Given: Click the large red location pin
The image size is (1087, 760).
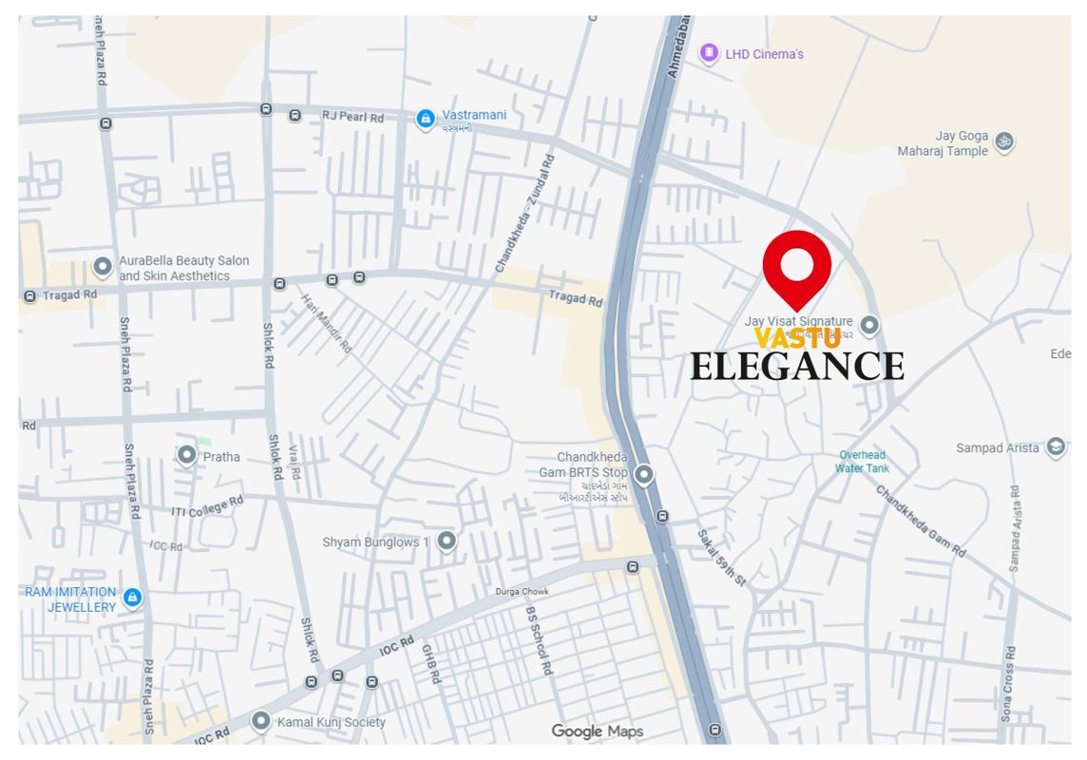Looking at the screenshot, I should point(797,266).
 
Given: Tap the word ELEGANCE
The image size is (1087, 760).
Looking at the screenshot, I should point(796,366).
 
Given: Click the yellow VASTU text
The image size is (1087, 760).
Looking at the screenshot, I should point(796,338).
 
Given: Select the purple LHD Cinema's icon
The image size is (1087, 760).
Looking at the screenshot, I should point(709,53).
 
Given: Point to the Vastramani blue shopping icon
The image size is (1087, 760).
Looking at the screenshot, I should point(426,119).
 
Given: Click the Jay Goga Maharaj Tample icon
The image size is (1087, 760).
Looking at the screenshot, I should point(1004,142).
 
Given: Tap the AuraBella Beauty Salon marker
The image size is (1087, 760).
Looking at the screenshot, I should point(103,268).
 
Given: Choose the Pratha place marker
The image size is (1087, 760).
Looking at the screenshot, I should point(187,456).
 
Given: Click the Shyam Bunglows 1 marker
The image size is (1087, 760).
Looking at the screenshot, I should point(446,541).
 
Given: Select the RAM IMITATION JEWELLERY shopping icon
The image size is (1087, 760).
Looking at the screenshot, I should point(133,598).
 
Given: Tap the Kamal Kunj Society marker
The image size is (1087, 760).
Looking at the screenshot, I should point(261,721).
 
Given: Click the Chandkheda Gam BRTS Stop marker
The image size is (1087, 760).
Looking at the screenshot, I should point(644,474).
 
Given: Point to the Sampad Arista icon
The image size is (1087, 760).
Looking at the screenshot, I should point(1055,447).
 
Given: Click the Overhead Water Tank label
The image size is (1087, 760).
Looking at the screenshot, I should point(862,462).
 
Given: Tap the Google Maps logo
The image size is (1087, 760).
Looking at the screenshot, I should point(598,731).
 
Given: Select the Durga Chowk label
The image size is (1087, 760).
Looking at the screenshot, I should point(522,592).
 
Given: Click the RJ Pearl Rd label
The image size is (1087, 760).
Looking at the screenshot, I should point(353,117).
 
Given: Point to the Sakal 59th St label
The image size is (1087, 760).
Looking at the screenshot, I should point(722,557).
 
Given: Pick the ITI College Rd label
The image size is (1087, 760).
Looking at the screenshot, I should point(207,506).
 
